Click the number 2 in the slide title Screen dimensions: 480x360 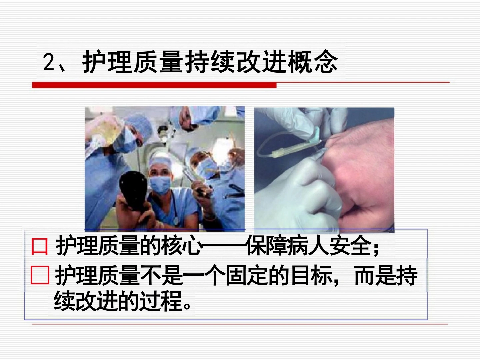[49, 62]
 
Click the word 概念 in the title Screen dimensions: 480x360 [312, 61]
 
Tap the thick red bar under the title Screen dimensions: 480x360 [154, 85]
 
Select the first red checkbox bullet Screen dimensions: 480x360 [40, 247]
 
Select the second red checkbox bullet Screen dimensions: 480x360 [40, 275]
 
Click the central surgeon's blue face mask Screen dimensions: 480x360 [160, 185]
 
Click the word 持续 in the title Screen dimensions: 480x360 [210, 61]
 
